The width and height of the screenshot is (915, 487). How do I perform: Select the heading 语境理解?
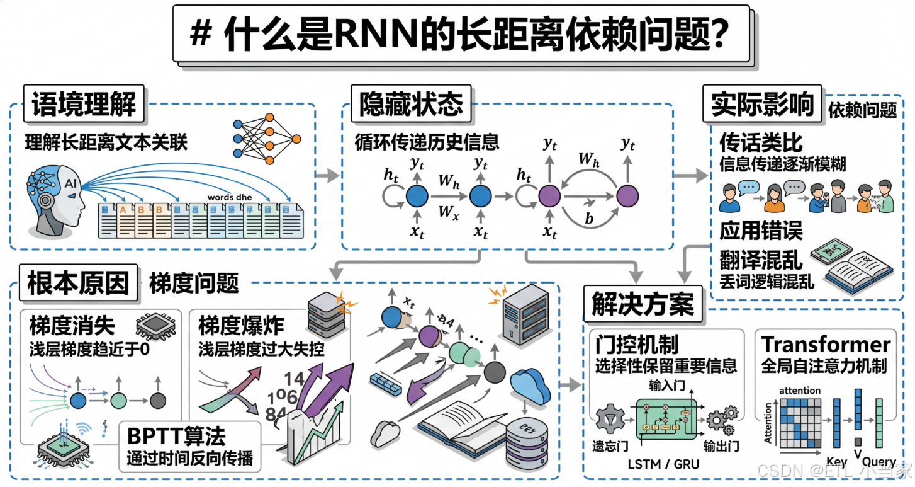click(x=84, y=104)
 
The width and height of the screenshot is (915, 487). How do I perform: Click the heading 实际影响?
click(x=762, y=104)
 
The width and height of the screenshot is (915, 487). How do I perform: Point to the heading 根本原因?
click(x=78, y=283)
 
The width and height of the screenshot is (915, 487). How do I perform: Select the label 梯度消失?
click(x=72, y=326)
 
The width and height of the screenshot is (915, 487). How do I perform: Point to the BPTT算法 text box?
click(x=189, y=446)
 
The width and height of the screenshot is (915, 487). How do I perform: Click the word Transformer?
click(x=826, y=345)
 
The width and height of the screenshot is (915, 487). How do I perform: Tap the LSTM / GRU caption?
click(x=663, y=464)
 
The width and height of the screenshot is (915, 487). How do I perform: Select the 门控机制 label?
click(x=636, y=345)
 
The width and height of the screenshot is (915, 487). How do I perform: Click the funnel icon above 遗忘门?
click(x=610, y=418)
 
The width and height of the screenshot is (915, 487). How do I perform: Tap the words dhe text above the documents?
click(x=230, y=197)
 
